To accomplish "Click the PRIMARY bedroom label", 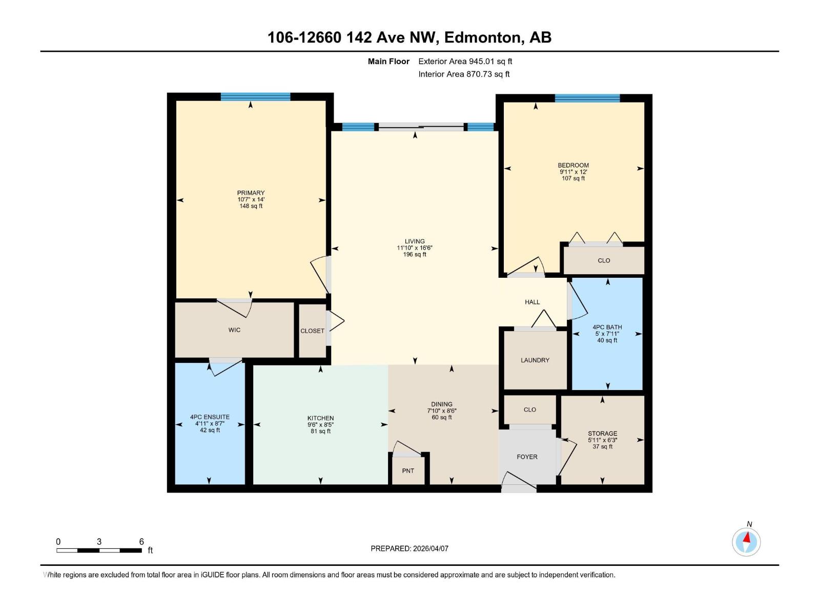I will click(251, 193).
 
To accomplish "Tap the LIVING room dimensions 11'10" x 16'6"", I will click(415, 248).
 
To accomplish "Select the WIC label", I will click(234, 330).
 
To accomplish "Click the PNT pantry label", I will click(408, 471).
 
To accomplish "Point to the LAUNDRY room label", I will click(535, 360).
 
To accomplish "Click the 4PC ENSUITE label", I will click(210, 417).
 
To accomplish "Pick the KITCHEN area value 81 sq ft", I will click(320, 432).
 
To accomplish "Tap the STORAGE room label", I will click(602, 434).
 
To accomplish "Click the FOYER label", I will click(527, 457).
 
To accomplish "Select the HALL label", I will click(532, 302).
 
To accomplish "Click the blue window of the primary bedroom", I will click(255, 96).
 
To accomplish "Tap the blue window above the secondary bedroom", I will click(587, 98).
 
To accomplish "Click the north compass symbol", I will click(746, 542).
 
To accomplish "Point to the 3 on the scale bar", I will click(99, 542).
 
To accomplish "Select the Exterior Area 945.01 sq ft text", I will click(465, 61).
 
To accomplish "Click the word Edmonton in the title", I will click(482, 37).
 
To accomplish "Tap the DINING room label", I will click(441, 404).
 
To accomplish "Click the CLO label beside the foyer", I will click(529, 410).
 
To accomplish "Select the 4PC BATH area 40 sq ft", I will click(607, 340).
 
